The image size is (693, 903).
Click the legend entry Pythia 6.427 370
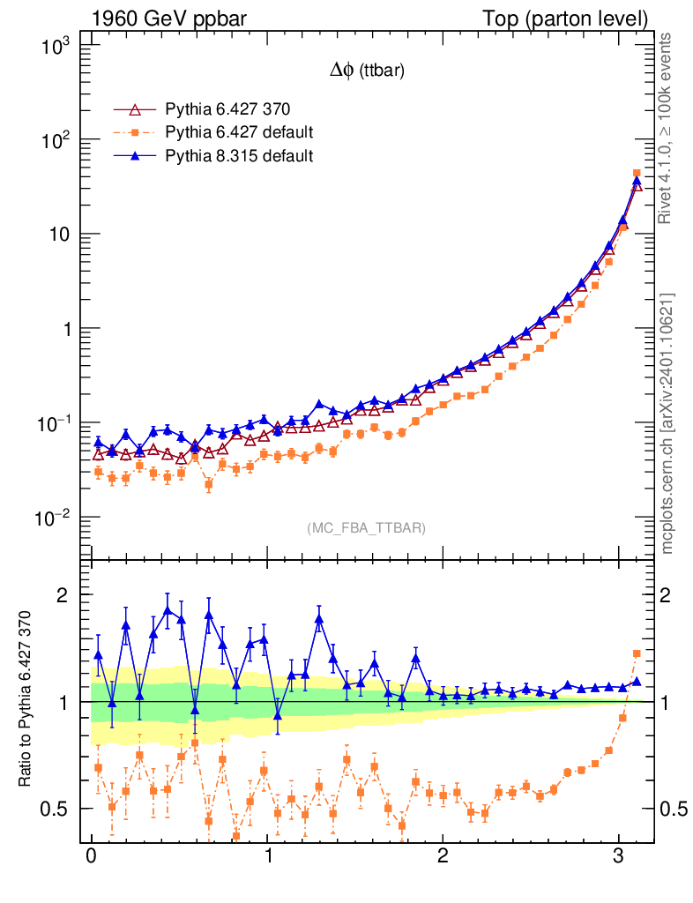pyautogui.click(x=227, y=110)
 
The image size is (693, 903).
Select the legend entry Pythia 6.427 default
pyautogui.click(x=239, y=133)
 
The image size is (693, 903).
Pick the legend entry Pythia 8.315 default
pyautogui.click(x=239, y=156)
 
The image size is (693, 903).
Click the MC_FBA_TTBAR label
pyautogui.click(x=367, y=528)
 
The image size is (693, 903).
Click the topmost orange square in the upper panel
pyautogui.click(x=637, y=174)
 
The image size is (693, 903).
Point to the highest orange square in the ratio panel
pyautogui.click(x=637, y=653)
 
